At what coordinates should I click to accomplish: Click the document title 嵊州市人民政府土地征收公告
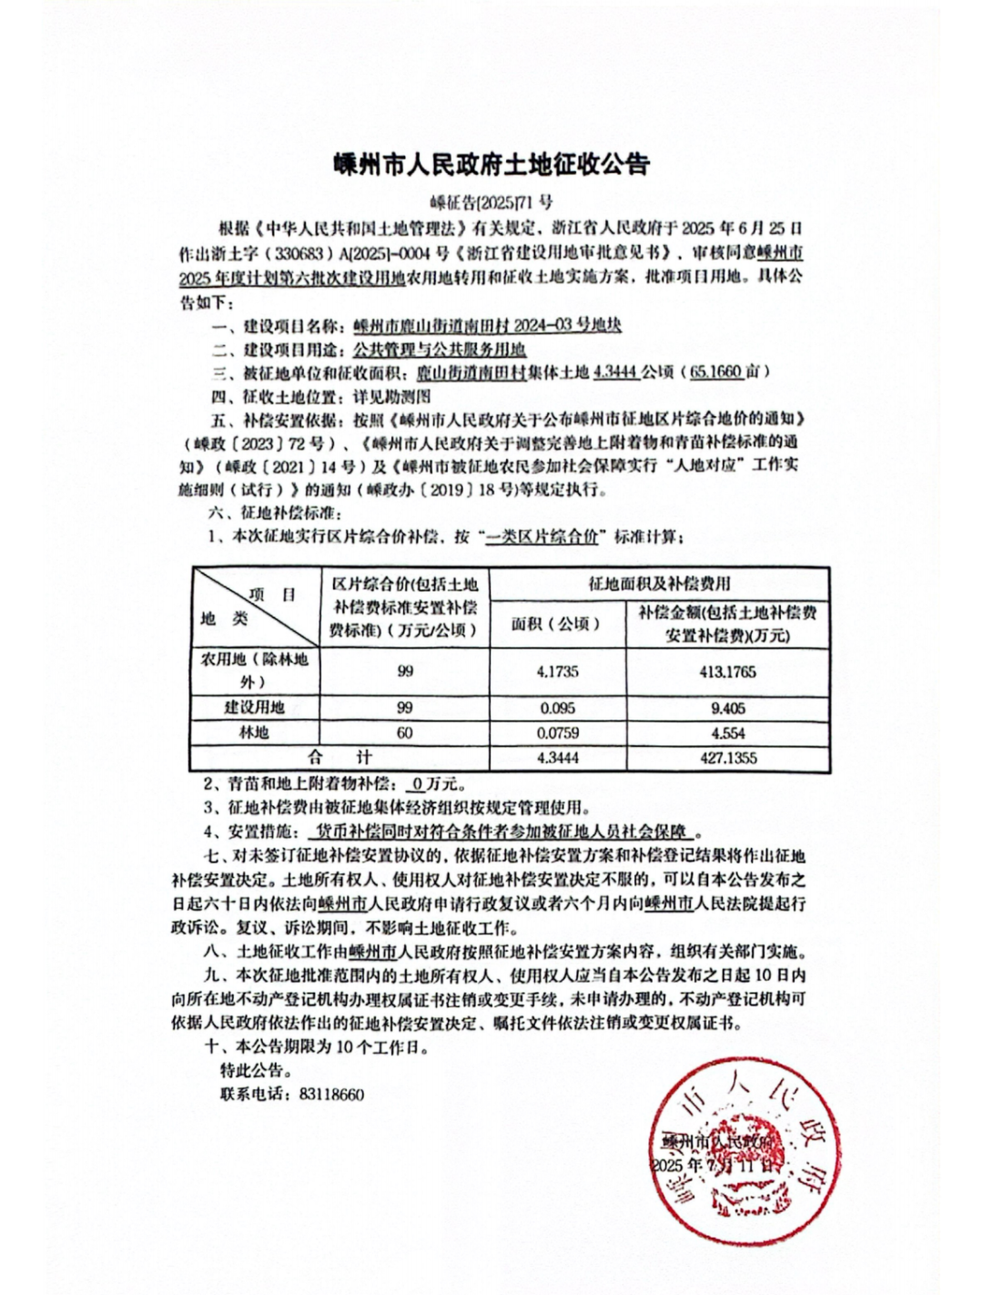click(491, 165)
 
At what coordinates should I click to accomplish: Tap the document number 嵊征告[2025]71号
click(491, 202)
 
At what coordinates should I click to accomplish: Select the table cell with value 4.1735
click(557, 672)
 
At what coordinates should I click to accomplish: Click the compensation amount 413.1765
click(727, 672)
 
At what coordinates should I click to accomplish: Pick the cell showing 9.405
click(727, 708)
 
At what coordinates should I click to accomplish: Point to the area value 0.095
click(557, 708)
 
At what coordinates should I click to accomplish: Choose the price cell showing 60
click(405, 733)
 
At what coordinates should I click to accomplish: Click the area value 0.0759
click(557, 733)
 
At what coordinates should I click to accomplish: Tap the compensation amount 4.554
click(727, 733)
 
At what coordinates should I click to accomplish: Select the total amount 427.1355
click(727, 758)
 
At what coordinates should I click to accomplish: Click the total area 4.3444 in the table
click(557, 758)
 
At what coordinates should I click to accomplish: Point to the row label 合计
click(340, 758)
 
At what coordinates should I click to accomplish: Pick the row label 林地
click(254, 733)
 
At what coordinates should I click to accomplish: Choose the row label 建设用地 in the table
click(254, 708)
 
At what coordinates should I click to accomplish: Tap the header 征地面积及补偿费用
click(659, 584)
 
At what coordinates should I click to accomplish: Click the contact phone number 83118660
click(331, 1095)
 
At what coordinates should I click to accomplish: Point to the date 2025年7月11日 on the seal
click(714, 1165)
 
